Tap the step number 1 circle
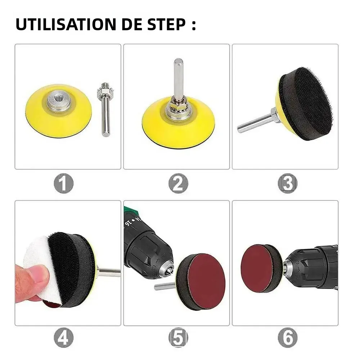pos(64,184)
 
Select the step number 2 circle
pos(178,184)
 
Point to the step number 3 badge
pos(288,184)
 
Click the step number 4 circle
pos(64,338)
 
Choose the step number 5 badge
pos(178,338)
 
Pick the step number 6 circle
pos(288,338)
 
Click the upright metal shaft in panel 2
pos(178,79)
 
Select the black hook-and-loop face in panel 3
pos(314,104)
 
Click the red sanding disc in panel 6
pos(256,268)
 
